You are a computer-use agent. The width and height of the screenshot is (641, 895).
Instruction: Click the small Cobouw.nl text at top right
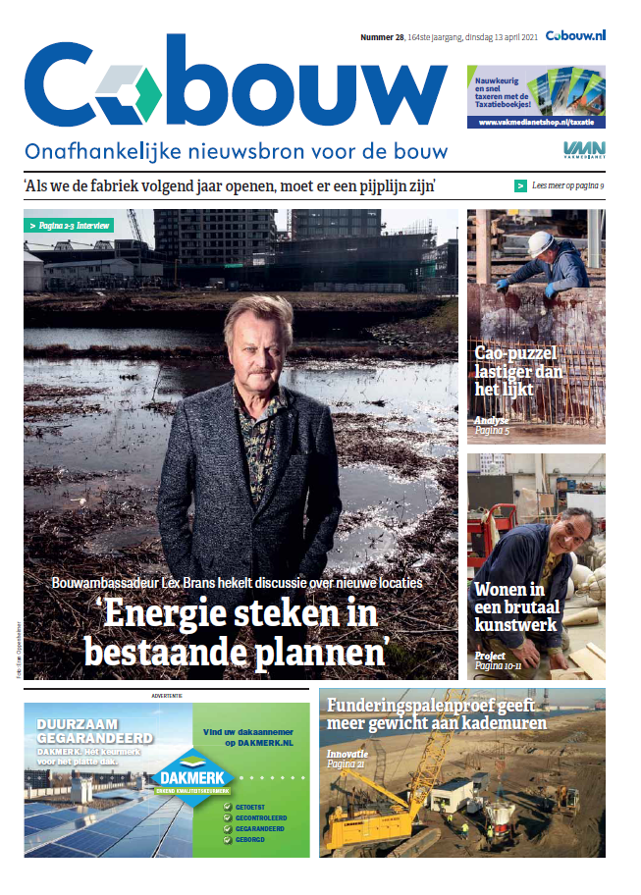click(575, 35)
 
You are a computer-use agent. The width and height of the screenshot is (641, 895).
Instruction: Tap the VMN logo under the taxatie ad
click(584, 149)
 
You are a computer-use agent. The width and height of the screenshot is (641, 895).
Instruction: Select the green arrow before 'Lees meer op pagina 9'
click(520, 185)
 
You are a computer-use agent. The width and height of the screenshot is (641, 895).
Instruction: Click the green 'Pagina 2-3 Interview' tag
click(69, 226)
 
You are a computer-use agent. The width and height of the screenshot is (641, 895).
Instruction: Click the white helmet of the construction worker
click(541, 243)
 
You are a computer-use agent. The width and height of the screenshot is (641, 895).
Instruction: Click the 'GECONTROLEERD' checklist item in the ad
click(264, 816)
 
